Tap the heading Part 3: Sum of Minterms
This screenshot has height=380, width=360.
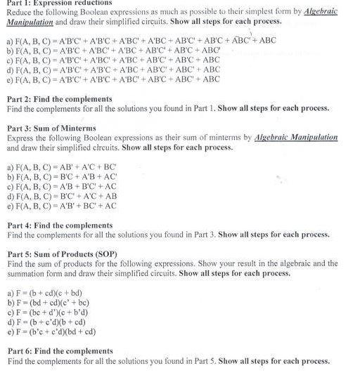click(51, 129)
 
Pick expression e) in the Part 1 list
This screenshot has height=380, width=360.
click(112, 79)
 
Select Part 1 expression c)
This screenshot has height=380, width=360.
click(112, 60)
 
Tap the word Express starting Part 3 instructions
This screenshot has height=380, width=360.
click(20, 138)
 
